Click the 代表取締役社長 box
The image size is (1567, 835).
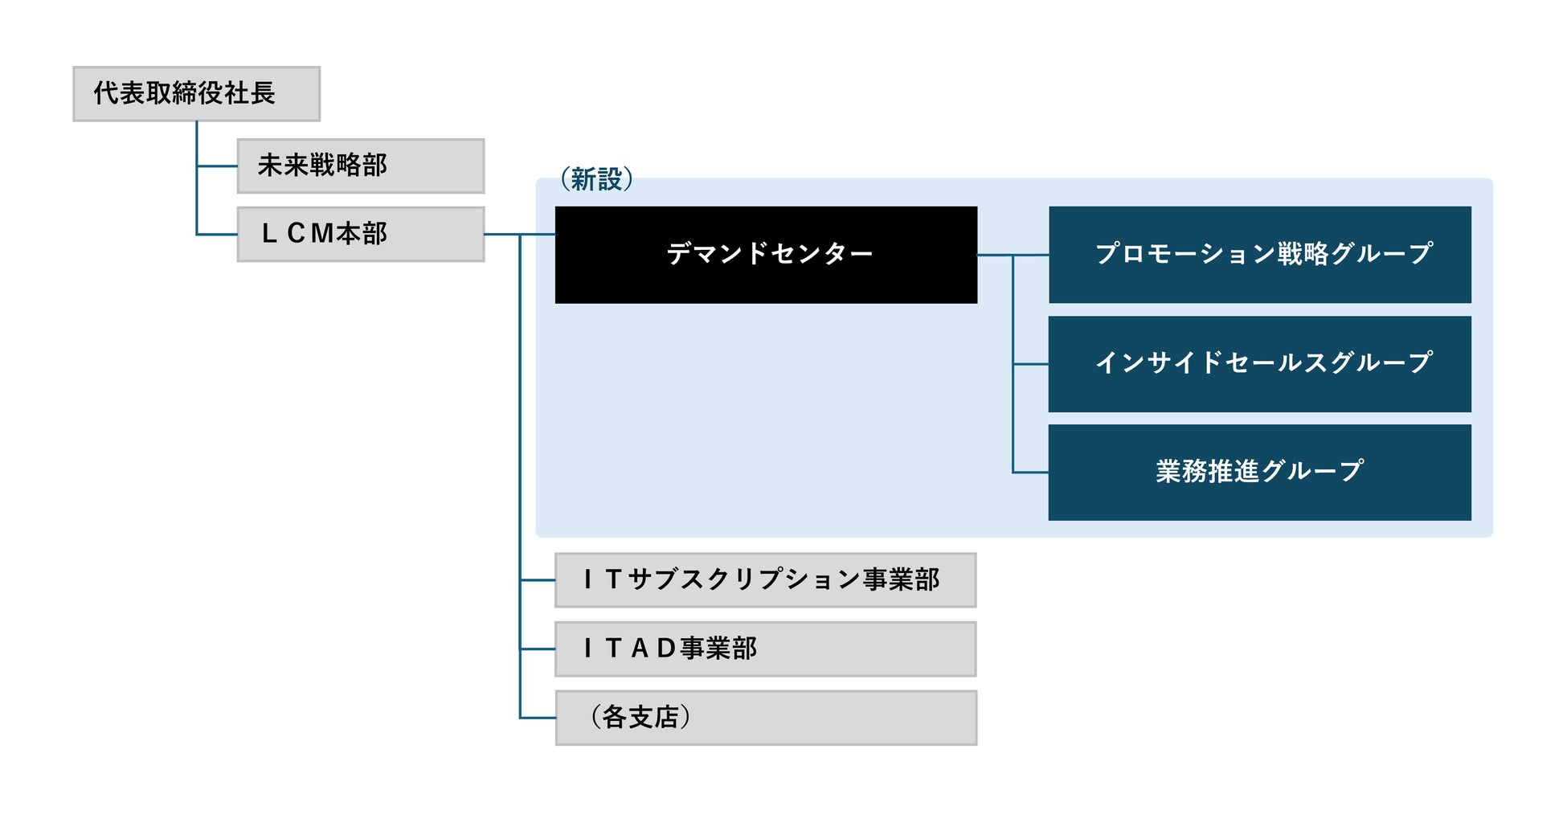tap(196, 94)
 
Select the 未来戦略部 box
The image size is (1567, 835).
tap(360, 166)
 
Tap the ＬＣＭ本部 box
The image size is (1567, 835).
tap(360, 234)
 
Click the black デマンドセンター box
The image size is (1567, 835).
tap(766, 255)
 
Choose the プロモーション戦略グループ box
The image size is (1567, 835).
tap(1259, 255)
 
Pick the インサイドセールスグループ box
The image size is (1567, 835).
tap(1259, 364)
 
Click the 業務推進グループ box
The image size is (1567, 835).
tap(1259, 473)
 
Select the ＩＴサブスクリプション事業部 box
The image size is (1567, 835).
tap(765, 579)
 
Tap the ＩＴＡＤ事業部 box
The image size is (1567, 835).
tap(765, 649)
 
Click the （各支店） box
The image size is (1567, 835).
tap(765, 718)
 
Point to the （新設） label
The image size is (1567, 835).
tap(596, 179)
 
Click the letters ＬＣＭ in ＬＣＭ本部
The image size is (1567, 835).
tap(297, 234)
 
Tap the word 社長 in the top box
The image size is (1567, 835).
tap(249, 93)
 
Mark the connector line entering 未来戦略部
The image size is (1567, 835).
tap(217, 166)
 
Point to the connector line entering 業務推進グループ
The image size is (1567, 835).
tap(1030, 473)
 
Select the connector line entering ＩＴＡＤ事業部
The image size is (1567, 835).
tap(538, 649)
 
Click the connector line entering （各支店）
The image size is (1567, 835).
tap(538, 718)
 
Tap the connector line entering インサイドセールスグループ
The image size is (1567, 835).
tap(1030, 364)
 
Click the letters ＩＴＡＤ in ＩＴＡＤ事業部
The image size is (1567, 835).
tap(629, 649)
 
